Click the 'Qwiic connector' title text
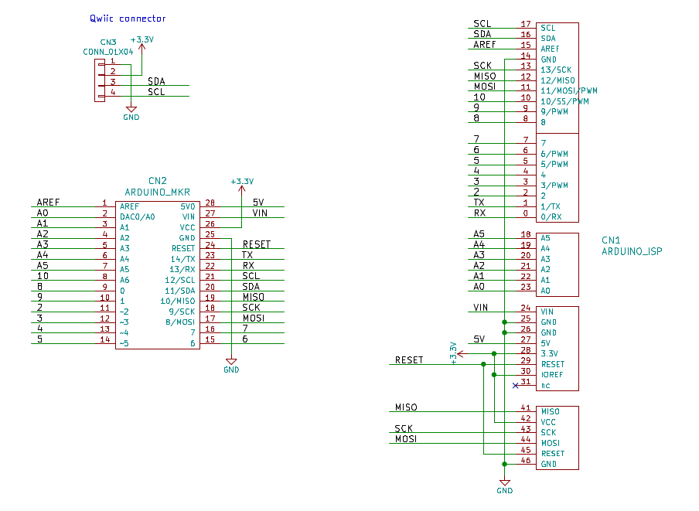128,19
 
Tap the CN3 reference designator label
108,43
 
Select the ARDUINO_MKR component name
158,192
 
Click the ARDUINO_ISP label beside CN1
632,251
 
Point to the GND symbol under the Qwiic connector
131,114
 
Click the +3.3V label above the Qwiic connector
142,39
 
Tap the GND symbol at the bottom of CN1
504,485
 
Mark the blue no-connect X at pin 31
515,385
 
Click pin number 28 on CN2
210,206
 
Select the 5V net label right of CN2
258,202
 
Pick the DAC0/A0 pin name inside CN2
137,217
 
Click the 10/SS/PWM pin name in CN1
565,101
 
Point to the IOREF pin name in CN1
553,375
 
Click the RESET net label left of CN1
409,359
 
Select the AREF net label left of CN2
49,202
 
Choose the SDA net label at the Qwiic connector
156,80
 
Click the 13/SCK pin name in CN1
557,70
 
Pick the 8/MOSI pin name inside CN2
179,322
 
